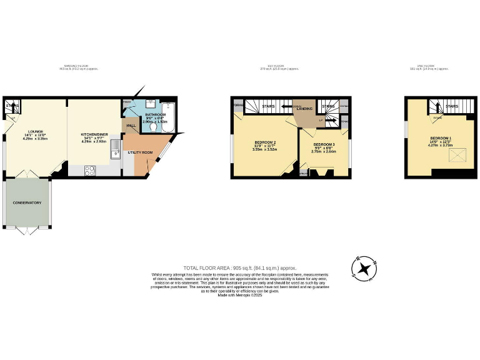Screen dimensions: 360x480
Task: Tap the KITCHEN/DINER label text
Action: tap(94, 134)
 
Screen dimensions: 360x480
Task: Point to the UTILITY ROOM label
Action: tap(140, 152)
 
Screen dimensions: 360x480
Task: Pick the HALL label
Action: tap(131, 126)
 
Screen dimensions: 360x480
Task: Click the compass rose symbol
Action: tap(364, 267)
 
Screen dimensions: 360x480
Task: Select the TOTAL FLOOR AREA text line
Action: tap(239, 267)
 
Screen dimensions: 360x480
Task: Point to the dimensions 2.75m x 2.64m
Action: tap(324, 151)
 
